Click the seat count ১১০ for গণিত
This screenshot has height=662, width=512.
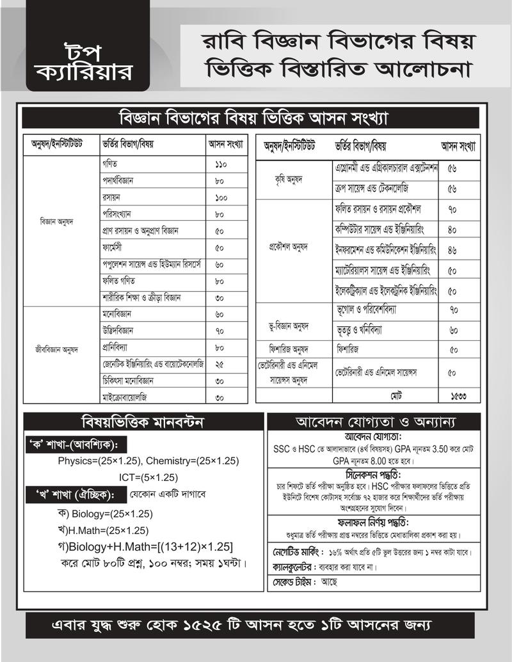pyautogui.click(x=222, y=164)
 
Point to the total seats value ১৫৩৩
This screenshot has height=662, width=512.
pyautogui.click(x=457, y=397)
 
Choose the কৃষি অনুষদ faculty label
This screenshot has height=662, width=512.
pyautogui.click(x=288, y=179)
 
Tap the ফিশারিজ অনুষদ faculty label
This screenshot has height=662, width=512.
pyautogui.click(x=289, y=350)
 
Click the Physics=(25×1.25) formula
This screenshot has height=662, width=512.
pyautogui.click(x=100, y=461)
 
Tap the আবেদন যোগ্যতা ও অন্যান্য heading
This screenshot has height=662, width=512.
pyautogui.click(x=374, y=422)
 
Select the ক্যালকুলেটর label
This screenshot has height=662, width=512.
pyautogui.click(x=291, y=567)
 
